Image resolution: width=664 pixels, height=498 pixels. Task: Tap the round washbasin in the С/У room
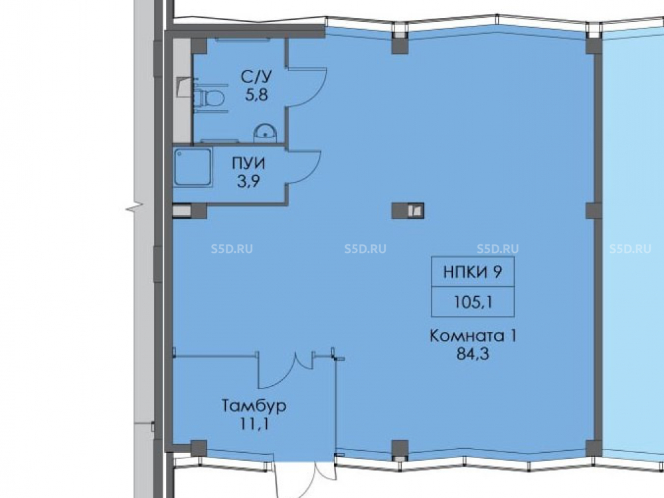[266, 133]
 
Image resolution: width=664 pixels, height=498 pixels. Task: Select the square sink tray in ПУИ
[193, 167]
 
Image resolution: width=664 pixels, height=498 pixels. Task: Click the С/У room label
[256, 76]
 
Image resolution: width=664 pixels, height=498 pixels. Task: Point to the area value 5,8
[256, 94]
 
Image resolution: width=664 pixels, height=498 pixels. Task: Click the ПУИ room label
[248, 163]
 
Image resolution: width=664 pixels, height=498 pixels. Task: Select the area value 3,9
[248, 182]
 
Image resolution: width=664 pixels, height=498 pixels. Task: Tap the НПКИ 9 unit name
[473, 272]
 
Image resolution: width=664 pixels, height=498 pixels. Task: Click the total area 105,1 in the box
[473, 302]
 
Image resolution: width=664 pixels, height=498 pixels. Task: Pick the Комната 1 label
[473, 336]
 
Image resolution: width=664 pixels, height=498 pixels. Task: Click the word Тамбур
[254, 406]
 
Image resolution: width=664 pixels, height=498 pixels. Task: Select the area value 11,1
[254, 424]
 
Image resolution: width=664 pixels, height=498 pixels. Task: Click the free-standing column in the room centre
[408, 210]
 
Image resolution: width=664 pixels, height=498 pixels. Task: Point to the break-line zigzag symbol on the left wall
[135, 207]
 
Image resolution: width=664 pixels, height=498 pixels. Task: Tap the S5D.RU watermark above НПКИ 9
[497, 248]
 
